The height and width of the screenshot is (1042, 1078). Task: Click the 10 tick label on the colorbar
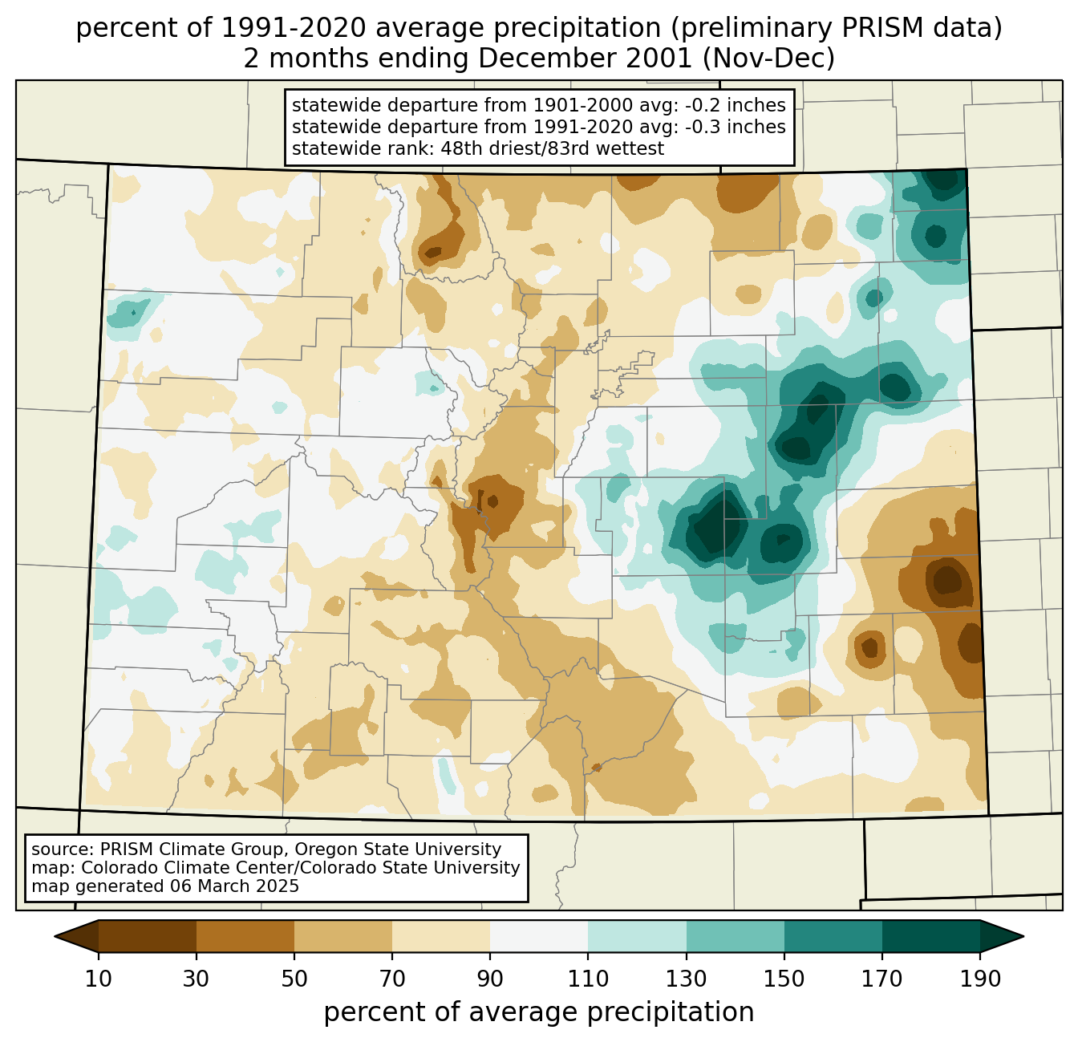click(99, 979)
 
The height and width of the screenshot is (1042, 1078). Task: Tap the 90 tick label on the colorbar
click(490, 979)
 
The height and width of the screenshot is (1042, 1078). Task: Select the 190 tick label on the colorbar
click(979, 979)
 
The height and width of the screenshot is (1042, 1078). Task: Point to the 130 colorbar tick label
click(687, 979)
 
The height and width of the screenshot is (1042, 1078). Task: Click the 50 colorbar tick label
click(294, 979)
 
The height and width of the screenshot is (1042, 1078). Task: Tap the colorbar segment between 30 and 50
click(245, 936)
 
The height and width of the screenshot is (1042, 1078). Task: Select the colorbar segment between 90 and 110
click(539, 936)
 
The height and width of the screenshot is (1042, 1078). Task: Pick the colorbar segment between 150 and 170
click(833, 936)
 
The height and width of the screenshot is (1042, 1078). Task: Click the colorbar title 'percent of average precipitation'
click(539, 1012)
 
